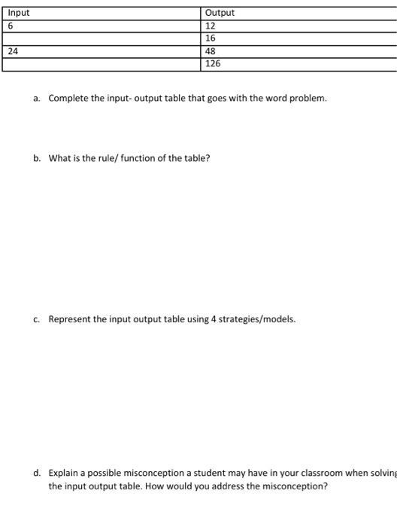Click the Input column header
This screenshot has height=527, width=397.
coord(19,13)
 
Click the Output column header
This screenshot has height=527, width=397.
coord(220,13)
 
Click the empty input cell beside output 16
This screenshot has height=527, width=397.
coord(102,38)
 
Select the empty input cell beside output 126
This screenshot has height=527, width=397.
coord(102,64)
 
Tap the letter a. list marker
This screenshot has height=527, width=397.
coord(37,99)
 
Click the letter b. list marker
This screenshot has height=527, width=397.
coord(37,159)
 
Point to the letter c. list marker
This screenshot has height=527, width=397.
coord(37,319)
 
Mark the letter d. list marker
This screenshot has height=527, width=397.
coord(37,474)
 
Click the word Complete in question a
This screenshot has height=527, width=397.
coord(68,99)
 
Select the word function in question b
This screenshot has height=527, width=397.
coord(142,159)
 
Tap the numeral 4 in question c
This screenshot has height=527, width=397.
coord(213,319)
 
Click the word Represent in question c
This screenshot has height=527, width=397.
coord(68,319)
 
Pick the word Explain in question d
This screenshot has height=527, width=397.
coord(63,474)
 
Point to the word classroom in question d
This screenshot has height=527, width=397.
coord(307,474)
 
